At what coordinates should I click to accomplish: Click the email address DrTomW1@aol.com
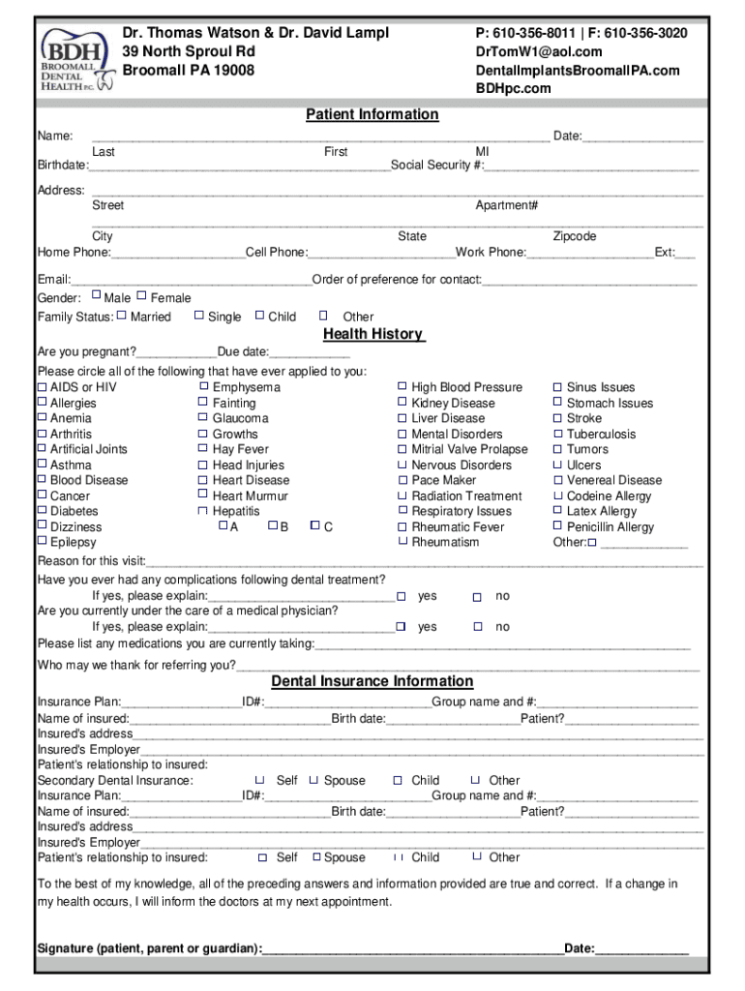538,51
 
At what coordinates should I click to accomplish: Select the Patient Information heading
372,114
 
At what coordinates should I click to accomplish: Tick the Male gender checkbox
96,296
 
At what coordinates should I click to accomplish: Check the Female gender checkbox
142,296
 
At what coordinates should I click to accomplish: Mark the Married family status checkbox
122,315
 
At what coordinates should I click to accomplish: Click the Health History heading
372,334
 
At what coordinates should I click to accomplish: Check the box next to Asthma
42,465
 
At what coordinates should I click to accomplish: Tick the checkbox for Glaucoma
203,418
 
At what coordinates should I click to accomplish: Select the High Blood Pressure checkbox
402,386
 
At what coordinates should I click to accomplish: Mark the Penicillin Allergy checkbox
557,526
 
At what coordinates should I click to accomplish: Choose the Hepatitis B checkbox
272,526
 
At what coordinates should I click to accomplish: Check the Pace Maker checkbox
402,479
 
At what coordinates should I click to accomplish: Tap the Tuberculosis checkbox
557,434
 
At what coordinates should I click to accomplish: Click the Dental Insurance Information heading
372,680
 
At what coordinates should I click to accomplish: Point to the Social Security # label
437,165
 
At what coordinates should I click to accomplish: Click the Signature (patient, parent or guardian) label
149,947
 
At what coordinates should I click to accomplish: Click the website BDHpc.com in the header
513,88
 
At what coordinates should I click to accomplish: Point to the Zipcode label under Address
574,236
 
